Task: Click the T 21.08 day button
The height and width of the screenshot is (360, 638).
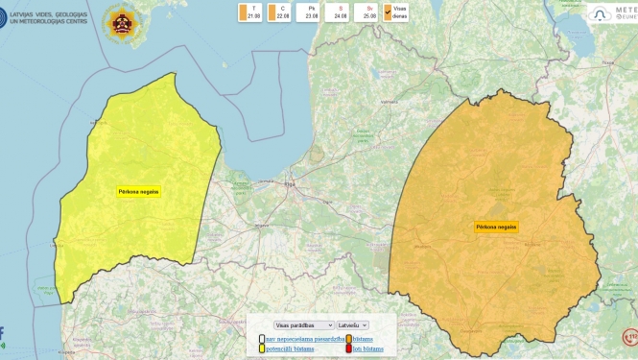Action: pyautogui.click(x=251, y=12)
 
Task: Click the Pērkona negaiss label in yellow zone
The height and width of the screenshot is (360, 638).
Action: pyautogui.click(x=139, y=191)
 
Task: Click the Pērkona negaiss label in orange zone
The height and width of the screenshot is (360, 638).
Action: pyautogui.click(x=496, y=228)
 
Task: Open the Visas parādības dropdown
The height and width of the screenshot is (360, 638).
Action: pyautogui.click(x=303, y=325)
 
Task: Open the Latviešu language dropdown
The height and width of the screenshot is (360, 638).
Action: pyautogui.click(x=353, y=325)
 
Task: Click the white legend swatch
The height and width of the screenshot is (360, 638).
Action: pyautogui.click(x=262, y=339)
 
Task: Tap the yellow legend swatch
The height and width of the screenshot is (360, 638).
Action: pyautogui.click(x=262, y=349)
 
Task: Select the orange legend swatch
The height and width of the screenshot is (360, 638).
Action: pyautogui.click(x=348, y=339)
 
